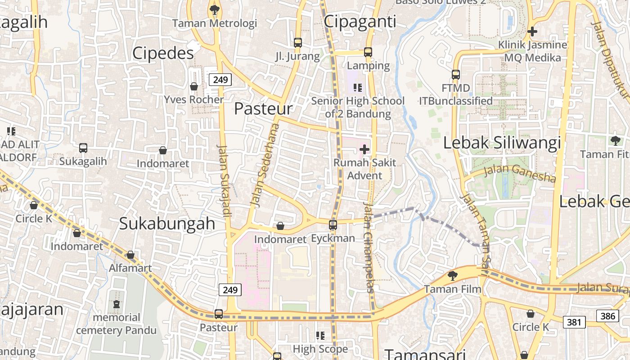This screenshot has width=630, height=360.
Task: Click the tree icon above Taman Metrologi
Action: pyautogui.click(x=215, y=9)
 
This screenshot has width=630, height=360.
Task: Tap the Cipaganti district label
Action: pyautogui.click(x=360, y=21)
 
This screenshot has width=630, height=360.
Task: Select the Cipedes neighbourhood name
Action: pyautogui.click(x=163, y=53)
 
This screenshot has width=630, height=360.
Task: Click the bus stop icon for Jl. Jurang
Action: pyautogui.click(x=297, y=43)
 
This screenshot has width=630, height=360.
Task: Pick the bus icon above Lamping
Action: pyautogui.click(x=368, y=52)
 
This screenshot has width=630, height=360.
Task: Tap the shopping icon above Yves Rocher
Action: pyautogui.click(x=194, y=86)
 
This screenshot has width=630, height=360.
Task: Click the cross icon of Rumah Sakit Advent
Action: pyautogui.click(x=364, y=149)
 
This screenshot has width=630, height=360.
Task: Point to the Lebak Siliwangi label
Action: pyautogui.click(x=502, y=143)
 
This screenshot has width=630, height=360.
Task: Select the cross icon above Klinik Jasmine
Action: pyautogui.click(x=532, y=31)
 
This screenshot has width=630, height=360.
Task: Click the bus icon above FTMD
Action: pyautogui.click(x=456, y=74)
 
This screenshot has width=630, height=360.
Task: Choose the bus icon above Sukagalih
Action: pyautogui.click(x=83, y=148)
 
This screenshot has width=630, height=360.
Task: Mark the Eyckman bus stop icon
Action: pyautogui.click(x=333, y=225)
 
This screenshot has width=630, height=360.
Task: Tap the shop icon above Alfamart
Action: pyautogui.click(x=130, y=255)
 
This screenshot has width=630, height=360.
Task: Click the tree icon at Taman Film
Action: pyautogui.click(x=452, y=275)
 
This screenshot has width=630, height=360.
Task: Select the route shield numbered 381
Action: pyautogui.click(x=574, y=322)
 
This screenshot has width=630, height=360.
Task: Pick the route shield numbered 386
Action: pyautogui.click(x=607, y=316)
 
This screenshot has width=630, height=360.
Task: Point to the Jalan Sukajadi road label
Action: pyautogui.click(x=224, y=180)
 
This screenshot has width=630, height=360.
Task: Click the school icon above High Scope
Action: pyautogui.click(x=320, y=335)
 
